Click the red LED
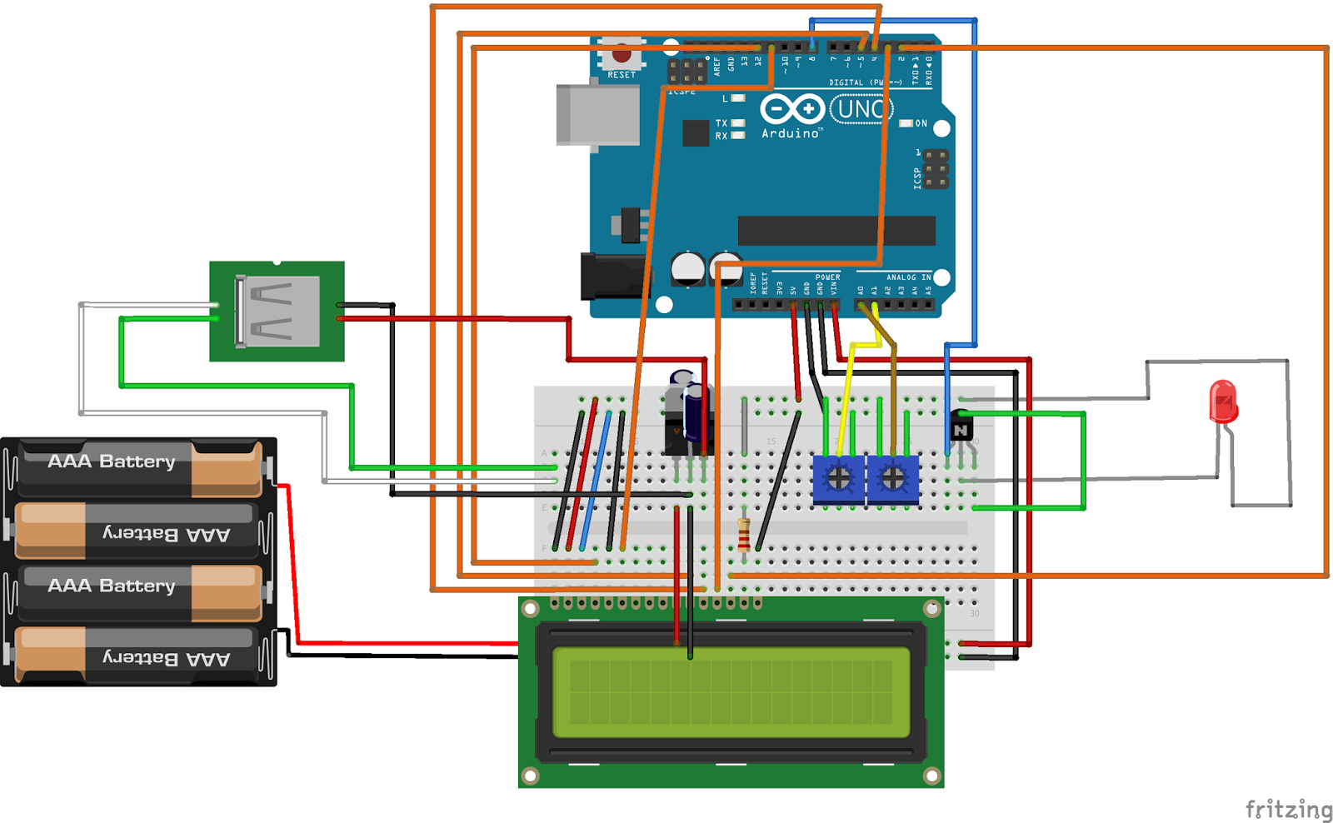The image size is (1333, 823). [x=1223, y=402]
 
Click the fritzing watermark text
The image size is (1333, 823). [x=1288, y=809]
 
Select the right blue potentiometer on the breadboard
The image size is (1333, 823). [x=893, y=479]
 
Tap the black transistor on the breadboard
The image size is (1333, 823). [x=961, y=428]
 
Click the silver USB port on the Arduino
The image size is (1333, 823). [x=597, y=116]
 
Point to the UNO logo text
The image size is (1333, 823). [x=861, y=109]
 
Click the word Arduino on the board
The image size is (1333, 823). [x=790, y=133]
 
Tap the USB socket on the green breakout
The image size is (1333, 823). [x=278, y=311]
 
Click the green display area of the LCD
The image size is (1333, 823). [x=731, y=692]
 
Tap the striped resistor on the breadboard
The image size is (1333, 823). [x=744, y=535]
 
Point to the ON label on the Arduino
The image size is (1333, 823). [x=921, y=123]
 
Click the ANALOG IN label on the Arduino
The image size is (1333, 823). [x=908, y=277]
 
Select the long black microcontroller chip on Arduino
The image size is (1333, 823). [x=836, y=231]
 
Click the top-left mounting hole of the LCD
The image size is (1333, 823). [x=531, y=609]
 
